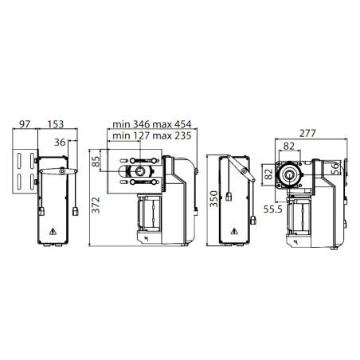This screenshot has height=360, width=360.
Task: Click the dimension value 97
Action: pos(25,124)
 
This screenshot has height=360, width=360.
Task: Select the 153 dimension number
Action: pos(56,124)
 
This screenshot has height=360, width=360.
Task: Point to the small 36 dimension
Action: pos(60,143)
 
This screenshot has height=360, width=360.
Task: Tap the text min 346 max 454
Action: pos(152,124)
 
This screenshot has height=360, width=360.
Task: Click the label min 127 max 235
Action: pos(152,135)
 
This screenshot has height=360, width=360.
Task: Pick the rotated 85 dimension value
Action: pos(96,161)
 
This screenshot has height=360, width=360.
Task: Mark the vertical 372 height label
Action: pos(96,205)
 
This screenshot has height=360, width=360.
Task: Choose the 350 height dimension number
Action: pos(213,198)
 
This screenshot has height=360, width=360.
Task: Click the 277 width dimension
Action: pos(307,133)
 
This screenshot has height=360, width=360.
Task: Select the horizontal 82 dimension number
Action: pos(289,146)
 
